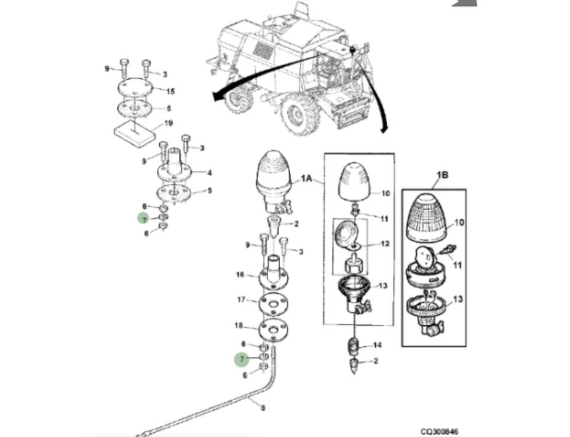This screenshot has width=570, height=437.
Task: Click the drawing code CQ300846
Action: coord(439,431)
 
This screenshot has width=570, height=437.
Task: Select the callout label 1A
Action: coord(306,178)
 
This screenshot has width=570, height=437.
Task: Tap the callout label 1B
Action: coord(442,175)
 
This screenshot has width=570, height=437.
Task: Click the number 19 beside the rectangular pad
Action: coord(168,123)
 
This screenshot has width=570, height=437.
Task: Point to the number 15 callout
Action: coord(170,91)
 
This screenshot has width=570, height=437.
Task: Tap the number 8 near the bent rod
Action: coord(263,408)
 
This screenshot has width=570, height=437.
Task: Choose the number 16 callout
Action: coord(240,275)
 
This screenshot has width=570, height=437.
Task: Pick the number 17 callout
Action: coord(242,300)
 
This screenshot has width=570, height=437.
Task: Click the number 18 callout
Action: coord(239,326)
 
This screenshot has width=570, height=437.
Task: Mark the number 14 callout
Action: coord(378,345)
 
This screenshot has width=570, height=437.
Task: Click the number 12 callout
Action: coord(385,243)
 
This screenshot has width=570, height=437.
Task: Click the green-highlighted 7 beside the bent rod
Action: coord(242,360)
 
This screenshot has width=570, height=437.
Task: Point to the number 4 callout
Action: coord(209,173)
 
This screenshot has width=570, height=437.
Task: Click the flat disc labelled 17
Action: coord(273,303)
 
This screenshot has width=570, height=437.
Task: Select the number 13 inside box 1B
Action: coord(457,299)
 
